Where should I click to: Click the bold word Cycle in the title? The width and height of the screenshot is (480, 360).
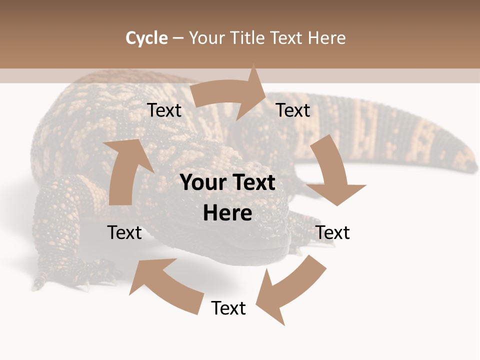coord(146,38)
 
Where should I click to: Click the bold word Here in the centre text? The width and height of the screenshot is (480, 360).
coord(227,213)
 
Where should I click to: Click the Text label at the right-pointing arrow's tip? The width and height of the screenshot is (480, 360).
coord(293,110)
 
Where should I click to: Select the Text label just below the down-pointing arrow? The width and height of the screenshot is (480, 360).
coord(332,232)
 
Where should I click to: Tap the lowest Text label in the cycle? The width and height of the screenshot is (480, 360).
coord(228,308)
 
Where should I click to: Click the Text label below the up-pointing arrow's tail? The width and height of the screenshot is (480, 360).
coord(124,232)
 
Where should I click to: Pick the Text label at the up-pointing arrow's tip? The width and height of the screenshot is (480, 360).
coord(164,110)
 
